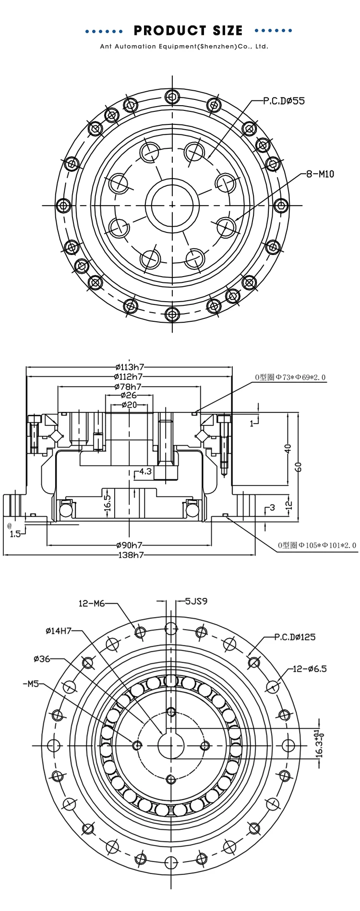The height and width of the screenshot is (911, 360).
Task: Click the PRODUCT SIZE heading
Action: pos(188,31)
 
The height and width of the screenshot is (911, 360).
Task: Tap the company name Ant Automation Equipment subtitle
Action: pos(184,47)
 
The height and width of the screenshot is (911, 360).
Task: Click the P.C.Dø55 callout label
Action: pos(284,101)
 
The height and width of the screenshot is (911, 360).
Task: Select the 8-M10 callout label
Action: pos(320,174)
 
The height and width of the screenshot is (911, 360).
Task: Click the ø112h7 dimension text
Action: pos(129,377)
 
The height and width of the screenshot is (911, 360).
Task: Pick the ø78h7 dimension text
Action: pos(128,387)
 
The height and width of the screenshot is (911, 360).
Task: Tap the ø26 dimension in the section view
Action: pos(129,395)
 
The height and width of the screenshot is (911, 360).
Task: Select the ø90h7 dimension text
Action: pos(130,546)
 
